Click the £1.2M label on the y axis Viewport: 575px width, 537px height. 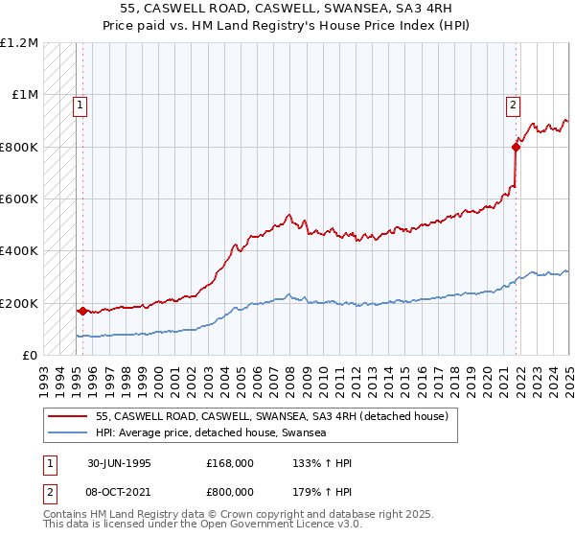[20, 43]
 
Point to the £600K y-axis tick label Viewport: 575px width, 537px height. [20, 198]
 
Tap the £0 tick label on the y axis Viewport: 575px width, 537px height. [31, 355]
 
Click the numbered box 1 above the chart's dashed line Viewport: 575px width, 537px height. [80, 105]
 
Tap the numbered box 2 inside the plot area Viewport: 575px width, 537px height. [514, 105]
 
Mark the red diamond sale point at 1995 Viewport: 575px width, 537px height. [82, 311]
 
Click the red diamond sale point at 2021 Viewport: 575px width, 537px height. [516, 147]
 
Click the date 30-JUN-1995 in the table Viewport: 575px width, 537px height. [118, 462]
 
